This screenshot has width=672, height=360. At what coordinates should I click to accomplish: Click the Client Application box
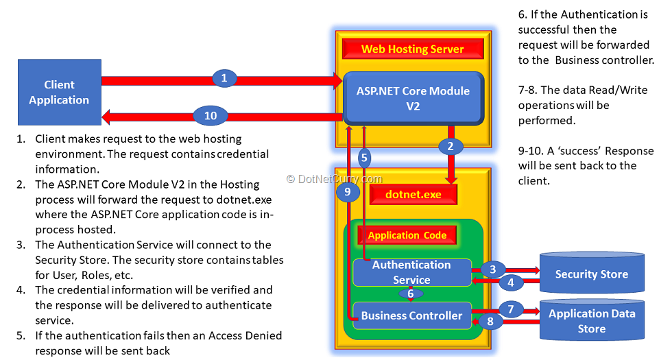[x=59, y=93]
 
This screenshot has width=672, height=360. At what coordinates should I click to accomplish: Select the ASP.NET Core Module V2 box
[x=413, y=99]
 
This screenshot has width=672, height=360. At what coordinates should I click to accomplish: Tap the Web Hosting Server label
[x=413, y=49]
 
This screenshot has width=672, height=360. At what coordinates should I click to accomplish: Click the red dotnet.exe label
[x=412, y=195]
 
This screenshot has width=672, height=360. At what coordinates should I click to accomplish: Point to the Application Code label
[x=407, y=235]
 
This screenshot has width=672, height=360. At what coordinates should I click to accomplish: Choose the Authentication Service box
[x=411, y=272]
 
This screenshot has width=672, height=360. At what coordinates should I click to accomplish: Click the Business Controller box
[x=411, y=315]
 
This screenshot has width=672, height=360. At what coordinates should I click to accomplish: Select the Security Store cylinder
[x=591, y=274]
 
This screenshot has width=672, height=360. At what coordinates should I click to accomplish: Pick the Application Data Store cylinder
[x=591, y=321]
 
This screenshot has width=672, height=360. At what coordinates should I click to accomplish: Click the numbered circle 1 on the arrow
[x=224, y=78]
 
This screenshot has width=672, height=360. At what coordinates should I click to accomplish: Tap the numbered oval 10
[x=211, y=116]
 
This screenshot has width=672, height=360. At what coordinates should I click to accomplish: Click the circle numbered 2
[x=451, y=146]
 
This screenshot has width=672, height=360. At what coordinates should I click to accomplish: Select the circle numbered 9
[x=348, y=192]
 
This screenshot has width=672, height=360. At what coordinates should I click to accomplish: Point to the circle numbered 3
[x=492, y=269]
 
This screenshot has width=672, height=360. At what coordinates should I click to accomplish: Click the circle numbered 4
[x=510, y=281]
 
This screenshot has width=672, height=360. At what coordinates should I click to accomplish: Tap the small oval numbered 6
[x=411, y=293]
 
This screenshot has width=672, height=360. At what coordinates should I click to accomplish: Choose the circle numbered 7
[x=510, y=309]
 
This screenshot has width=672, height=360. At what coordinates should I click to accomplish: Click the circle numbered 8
[x=492, y=321]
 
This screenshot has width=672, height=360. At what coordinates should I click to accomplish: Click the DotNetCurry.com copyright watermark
[x=334, y=179]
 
